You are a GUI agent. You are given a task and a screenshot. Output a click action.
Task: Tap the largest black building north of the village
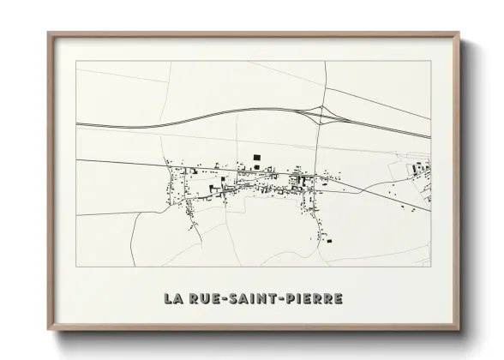(255, 156)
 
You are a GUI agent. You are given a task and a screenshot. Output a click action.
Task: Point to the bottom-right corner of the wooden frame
(459, 329)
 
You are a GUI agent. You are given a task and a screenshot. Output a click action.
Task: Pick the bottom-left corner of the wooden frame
(49, 329)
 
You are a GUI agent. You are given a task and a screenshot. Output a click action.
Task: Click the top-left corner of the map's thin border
(76, 61)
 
